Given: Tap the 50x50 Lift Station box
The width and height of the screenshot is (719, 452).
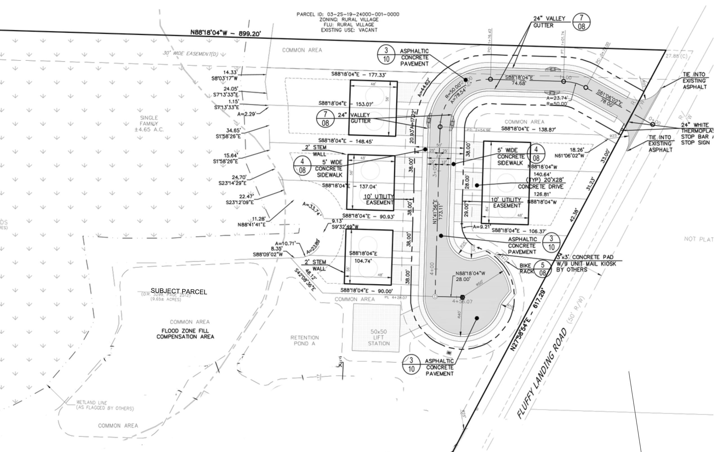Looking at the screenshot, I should click(x=376, y=328).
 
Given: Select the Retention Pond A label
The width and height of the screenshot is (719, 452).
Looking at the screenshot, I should click(x=305, y=340).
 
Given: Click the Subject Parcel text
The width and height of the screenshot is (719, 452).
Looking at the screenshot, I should click(x=178, y=291).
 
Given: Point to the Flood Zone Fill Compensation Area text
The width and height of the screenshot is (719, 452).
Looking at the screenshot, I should click(x=185, y=334).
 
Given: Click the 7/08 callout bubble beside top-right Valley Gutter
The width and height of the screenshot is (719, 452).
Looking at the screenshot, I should click(x=581, y=22).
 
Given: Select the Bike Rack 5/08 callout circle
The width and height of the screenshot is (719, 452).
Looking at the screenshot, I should click(x=542, y=269).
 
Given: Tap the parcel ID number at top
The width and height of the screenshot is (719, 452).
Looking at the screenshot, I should click(x=363, y=14).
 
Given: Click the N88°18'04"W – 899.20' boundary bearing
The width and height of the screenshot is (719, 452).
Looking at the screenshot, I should click(x=225, y=33).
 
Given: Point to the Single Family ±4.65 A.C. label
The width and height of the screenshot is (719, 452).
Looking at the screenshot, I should click(x=149, y=123).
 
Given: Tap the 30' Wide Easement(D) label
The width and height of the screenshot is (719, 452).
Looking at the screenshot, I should click(x=190, y=54).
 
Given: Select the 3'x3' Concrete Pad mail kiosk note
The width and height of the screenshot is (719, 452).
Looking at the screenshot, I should click(x=585, y=263).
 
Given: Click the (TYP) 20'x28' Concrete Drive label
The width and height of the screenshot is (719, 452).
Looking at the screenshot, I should click(x=541, y=183).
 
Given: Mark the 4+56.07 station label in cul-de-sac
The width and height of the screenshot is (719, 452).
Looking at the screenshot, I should click(x=462, y=301).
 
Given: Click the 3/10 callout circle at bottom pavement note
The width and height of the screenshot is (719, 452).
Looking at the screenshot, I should click(x=411, y=364).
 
